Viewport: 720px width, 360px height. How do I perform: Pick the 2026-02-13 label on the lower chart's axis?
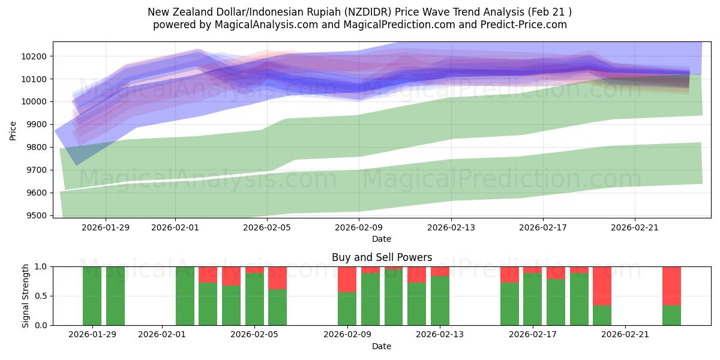click(x=440, y=335)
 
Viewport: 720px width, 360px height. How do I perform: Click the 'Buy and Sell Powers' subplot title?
click(x=382, y=257)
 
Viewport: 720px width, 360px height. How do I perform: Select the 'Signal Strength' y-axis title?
click(x=25, y=296)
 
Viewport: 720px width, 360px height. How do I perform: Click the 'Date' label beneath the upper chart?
click(x=382, y=239)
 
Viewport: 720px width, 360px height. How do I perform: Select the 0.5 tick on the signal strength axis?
click(x=42, y=296)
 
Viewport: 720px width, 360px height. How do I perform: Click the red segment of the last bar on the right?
click(x=671, y=286)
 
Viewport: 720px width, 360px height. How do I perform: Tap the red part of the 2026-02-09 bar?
click(x=347, y=279)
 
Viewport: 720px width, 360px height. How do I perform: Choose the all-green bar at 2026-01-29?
click(x=92, y=296)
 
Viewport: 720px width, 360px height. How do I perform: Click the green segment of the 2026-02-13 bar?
click(x=440, y=300)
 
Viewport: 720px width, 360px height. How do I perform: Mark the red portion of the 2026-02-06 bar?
click(x=277, y=278)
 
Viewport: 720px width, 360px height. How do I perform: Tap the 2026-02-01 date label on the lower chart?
click(x=162, y=335)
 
